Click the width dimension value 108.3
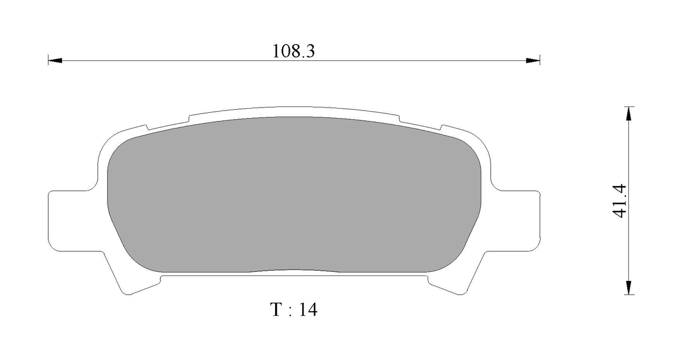point(293,51)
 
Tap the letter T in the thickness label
point(276,310)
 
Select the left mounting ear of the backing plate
point(70,219)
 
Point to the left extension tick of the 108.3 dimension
point(48,60)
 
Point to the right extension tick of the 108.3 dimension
point(539,60)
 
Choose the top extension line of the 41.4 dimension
point(629,106)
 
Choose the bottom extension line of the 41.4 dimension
point(629,295)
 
